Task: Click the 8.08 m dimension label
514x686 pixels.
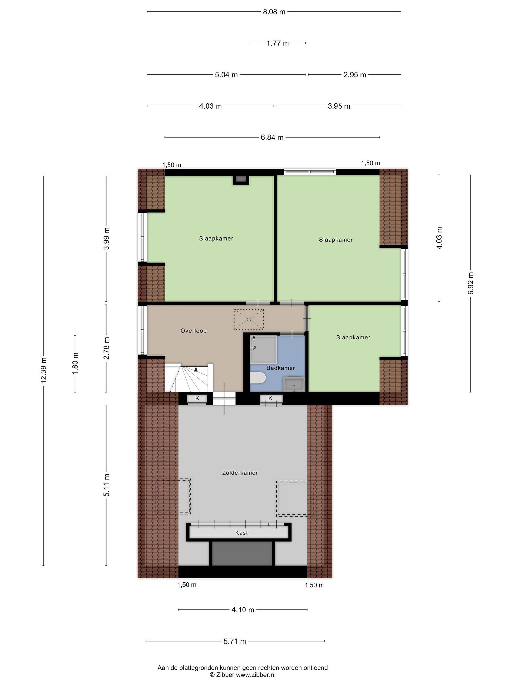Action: pyautogui.click(x=274, y=12)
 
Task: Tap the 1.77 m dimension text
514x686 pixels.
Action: pyautogui.click(x=278, y=43)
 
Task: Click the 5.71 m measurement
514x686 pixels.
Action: pyautogui.click(x=235, y=641)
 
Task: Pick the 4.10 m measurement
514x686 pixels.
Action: pyautogui.click(x=243, y=610)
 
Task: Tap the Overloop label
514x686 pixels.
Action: pyautogui.click(x=194, y=331)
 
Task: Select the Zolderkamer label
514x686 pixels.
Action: pyautogui.click(x=240, y=473)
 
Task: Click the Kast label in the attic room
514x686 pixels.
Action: pyautogui.click(x=241, y=533)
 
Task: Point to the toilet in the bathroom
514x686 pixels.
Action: pyautogui.click(x=258, y=379)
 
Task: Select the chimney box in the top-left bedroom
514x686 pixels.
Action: pyautogui.click(x=240, y=180)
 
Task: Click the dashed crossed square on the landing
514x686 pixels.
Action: pyautogui.click(x=249, y=319)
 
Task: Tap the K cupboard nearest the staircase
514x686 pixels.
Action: pyautogui.click(x=197, y=398)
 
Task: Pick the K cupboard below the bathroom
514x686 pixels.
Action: pyautogui.click(x=271, y=398)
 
